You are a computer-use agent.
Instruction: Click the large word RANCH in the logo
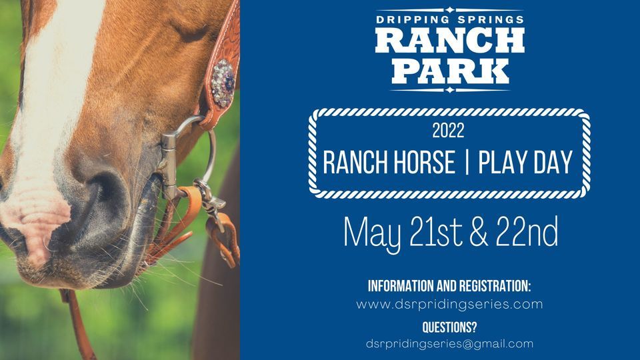coord(450,41)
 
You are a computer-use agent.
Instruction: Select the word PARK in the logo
coord(450,72)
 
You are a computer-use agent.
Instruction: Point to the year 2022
coord(448,131)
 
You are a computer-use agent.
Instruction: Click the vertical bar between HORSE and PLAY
coord(467,162)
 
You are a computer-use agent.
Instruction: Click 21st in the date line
coord(437,231)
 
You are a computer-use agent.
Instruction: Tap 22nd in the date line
coord(527,231)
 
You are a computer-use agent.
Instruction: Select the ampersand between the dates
coord(479,232)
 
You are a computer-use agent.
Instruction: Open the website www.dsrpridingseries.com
coord(449,305)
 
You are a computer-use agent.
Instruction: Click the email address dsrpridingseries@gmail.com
coord(449,344)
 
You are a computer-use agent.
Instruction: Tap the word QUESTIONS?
coord(449,327)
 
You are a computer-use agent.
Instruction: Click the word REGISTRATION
coord(495,286)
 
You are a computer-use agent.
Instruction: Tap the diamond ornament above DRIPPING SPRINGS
coord(449,10)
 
